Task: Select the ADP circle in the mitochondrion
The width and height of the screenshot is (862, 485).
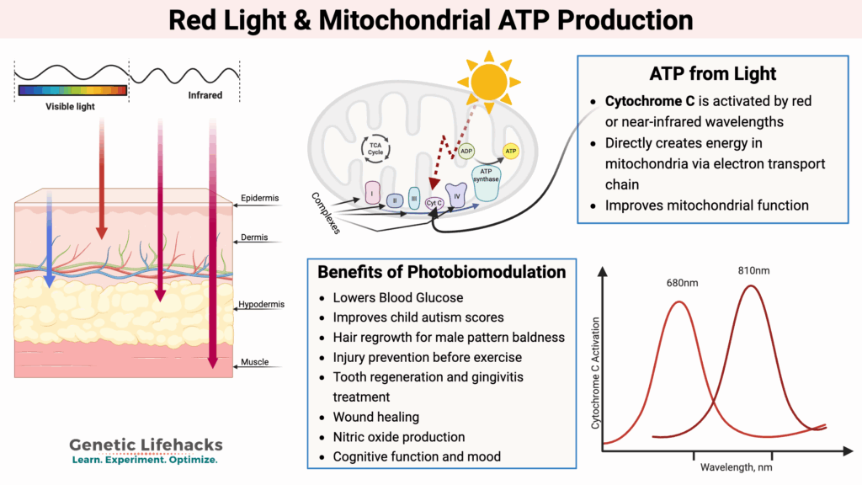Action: [466, 152]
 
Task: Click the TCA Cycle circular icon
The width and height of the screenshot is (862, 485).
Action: [375, 147]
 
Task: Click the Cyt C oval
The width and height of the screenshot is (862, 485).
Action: [434, 203]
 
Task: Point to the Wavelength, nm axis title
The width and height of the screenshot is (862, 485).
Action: [734, 466]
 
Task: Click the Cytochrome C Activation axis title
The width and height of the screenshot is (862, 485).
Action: [596, 373]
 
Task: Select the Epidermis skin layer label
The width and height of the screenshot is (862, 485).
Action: [258, 198]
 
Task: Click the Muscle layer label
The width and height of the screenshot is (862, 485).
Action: [254, 362]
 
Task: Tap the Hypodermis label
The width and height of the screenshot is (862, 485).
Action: [259, 303]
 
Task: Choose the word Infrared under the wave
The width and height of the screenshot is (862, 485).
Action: [204, 95]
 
